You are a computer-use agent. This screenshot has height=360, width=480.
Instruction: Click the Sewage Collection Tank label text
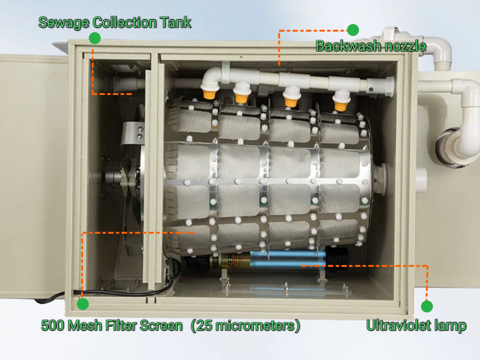[114, 22]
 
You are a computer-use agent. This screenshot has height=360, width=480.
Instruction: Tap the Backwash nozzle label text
[370, 46]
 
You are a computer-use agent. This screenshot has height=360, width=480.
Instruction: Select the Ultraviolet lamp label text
[416, 326]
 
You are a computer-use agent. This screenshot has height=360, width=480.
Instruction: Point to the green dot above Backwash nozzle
[353, 30]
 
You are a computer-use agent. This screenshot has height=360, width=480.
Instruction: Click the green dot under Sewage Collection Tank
[94, 38]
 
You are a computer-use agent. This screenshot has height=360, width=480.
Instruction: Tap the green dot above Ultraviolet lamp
[426, 306]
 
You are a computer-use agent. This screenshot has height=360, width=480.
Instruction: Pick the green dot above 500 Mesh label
[82, 303]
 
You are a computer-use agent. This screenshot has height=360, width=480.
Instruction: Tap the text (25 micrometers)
[245, 326]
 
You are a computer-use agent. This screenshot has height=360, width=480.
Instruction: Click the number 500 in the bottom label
[51, 326]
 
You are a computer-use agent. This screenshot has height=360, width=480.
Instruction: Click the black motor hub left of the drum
[113, 178]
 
